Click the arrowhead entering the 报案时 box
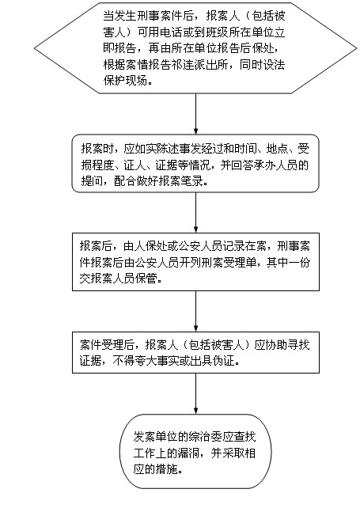pyautogui.click(x=196, y=131)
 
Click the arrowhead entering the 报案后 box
pyautogui.click(x=196, y=229)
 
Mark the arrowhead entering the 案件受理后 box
pyautogui.click(x=196, y=328)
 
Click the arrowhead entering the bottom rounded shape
pyautogui.click(x=196, y=411)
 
